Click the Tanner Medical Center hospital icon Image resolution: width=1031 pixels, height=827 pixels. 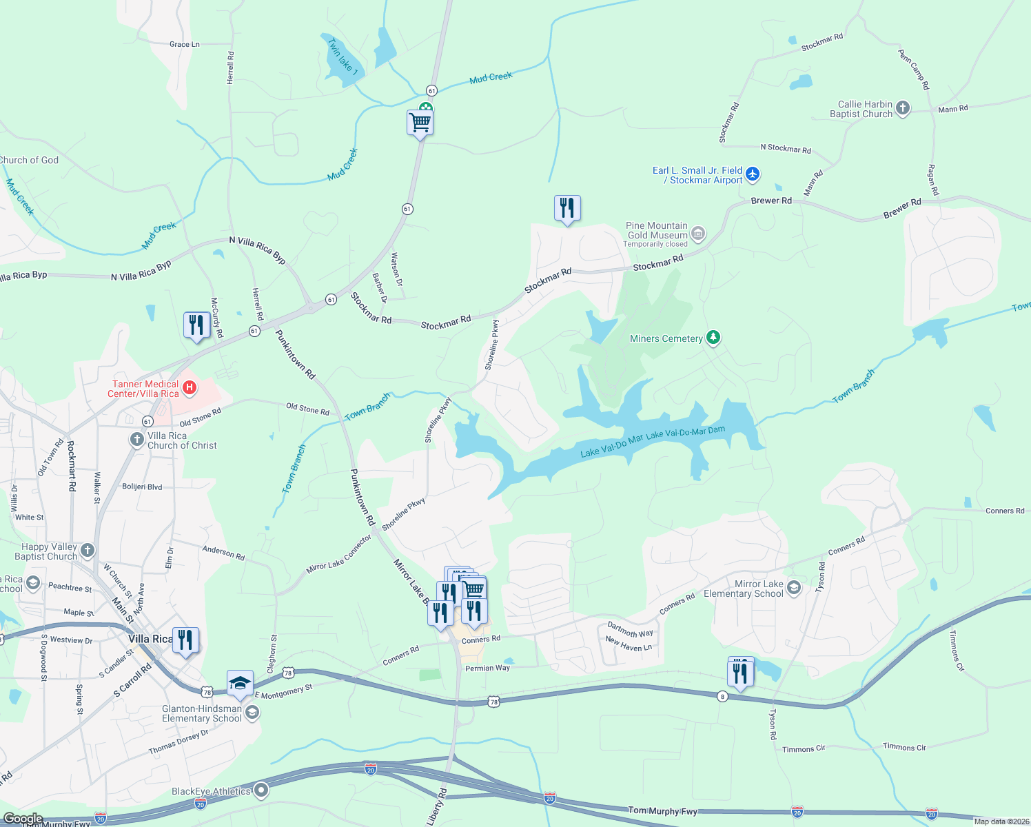[190, 389]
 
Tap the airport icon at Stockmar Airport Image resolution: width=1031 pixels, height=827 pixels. [753, 174]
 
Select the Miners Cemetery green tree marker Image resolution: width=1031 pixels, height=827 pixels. [713, 338]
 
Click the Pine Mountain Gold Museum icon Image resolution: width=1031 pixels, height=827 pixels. [698, 234]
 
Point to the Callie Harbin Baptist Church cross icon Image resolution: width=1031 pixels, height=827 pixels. [903, 109]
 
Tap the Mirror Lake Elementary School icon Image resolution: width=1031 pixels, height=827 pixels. [794, 588]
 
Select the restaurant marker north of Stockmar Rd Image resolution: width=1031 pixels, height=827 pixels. [567, 207]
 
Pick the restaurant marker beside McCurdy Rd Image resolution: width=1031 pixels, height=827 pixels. [196, 325]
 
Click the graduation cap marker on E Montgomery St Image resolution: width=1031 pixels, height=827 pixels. [240, 683]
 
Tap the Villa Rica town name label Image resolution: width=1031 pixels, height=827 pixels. [150, 639]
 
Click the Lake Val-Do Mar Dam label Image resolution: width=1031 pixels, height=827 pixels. [686, 432]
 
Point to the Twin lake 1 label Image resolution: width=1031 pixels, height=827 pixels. [343, 57]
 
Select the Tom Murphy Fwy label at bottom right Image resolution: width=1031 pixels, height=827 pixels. [662, 810]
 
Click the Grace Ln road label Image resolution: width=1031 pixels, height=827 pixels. [184, 44]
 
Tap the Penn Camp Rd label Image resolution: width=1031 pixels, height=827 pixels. [914, 69]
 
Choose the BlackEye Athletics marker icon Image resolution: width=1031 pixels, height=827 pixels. [261, 790]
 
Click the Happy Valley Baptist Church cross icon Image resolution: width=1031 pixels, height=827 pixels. [87, 550]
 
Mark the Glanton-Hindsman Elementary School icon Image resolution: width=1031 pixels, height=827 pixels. [252, 713]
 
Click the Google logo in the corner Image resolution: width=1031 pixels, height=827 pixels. [23, 819]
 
